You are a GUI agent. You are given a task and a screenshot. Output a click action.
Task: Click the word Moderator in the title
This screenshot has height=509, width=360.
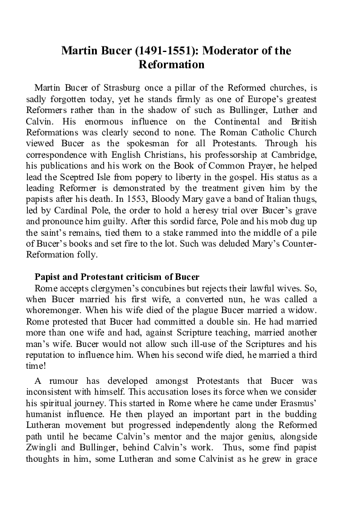pyautogui.click(x=221, y=51)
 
